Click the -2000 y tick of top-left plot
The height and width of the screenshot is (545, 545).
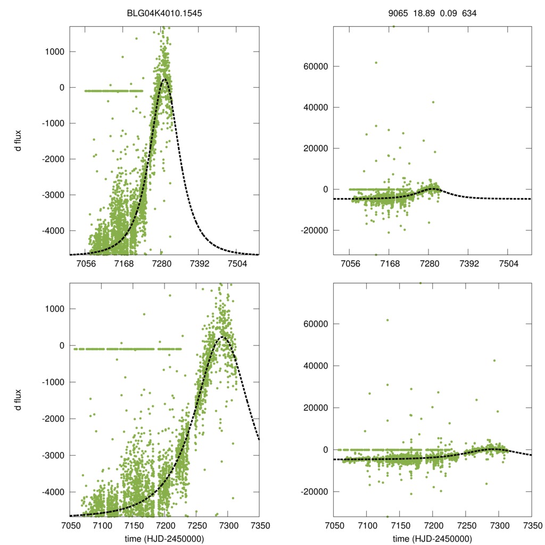point(52,159)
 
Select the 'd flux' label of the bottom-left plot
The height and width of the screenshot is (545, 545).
point(18,399)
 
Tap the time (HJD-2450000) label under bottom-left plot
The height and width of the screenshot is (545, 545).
point(164,538)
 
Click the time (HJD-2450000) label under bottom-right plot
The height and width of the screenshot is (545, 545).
point(432,538)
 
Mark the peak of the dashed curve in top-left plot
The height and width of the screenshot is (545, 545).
point(164,79)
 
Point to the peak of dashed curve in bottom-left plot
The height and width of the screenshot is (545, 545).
point(224,337)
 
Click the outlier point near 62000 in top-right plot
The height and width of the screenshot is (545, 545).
point(376,63)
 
